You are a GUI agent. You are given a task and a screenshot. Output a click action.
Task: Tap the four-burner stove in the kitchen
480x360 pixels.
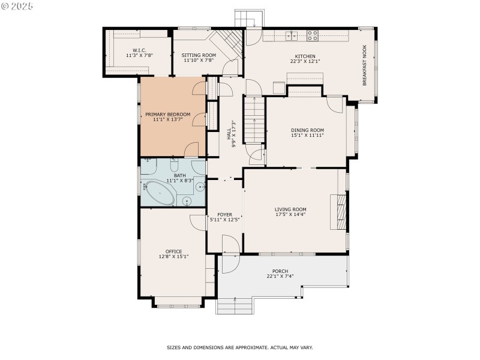(313, 35)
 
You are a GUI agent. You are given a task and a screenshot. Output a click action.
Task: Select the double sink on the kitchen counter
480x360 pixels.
(292, 36)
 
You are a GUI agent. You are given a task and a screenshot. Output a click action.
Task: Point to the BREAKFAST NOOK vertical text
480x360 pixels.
(364, 65)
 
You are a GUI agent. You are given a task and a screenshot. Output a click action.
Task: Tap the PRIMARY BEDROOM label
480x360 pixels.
(167, 115)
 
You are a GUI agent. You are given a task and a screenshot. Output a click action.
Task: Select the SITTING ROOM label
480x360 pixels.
(199, 55)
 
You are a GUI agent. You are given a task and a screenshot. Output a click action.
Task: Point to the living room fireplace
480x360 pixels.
(340, 212)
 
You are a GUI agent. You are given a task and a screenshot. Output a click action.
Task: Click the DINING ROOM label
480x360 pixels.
(307, 130)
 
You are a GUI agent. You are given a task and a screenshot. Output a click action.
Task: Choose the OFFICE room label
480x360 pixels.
(173, 251)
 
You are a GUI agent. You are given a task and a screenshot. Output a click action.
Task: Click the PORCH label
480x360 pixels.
(280, 271)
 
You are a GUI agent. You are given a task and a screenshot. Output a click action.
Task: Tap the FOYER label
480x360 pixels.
(224, 214)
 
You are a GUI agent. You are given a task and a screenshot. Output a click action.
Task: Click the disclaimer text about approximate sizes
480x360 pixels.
(239, 347)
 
